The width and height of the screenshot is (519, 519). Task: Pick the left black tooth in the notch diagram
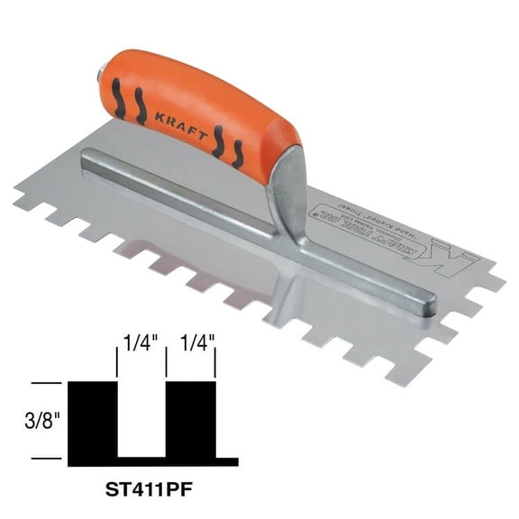pos(94,420)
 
